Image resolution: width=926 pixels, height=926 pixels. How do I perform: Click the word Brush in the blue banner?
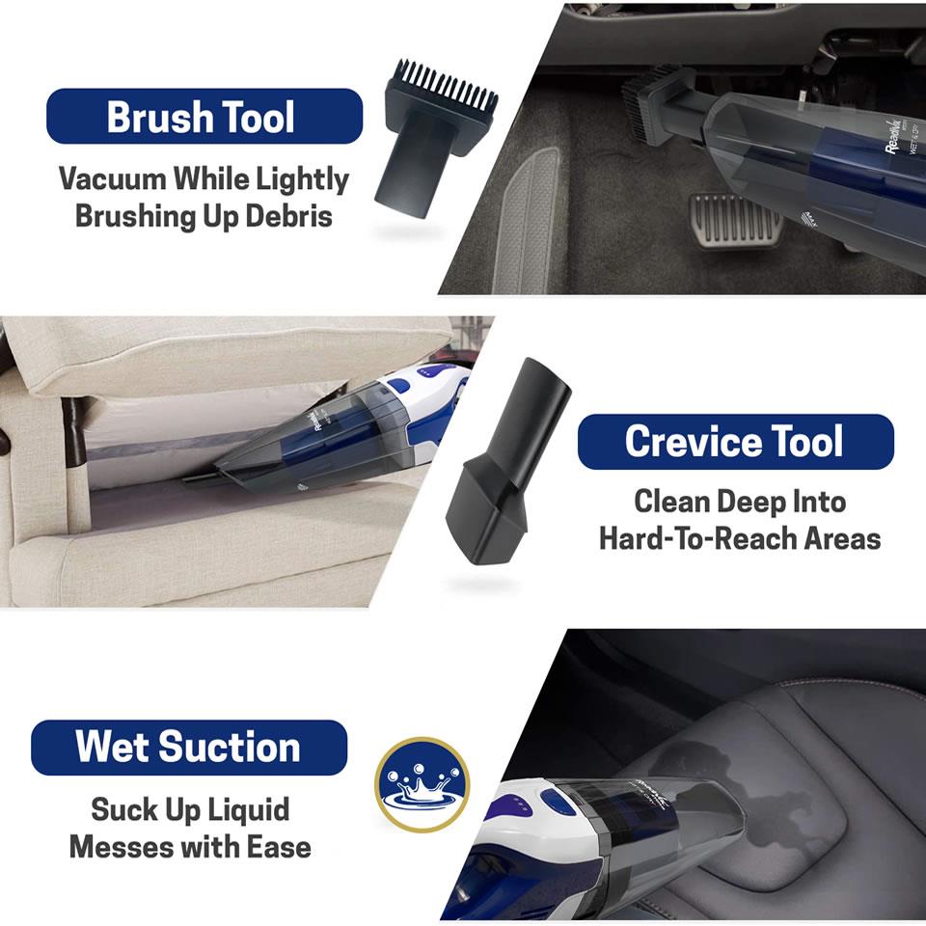point(159,118)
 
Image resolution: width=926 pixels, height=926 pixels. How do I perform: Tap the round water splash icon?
point(422,783)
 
